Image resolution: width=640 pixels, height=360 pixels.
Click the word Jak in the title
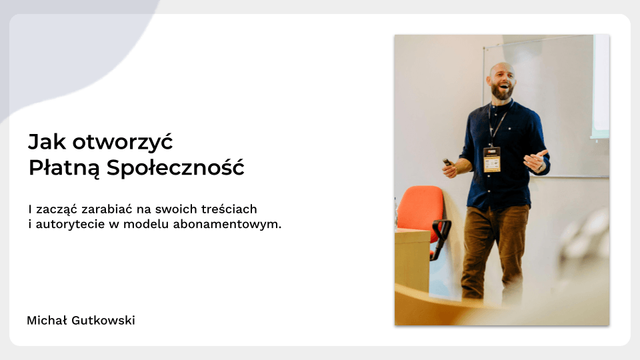coord(47,142)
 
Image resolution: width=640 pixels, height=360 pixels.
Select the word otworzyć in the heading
coord(123,142)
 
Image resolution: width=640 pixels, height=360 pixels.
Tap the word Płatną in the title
coord(64,168)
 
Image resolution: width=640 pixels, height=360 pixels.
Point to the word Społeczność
coord(175,167)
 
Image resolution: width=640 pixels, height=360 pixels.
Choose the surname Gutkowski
coord(103,321)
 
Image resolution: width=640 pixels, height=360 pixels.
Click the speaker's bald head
coord(501,70)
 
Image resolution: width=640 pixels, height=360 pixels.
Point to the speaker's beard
coord(501,92)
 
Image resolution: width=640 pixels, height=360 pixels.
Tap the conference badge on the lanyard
coord(492,159)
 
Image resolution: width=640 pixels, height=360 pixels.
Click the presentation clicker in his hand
coord(447,162)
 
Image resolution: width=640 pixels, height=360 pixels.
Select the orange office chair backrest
coord(420,208)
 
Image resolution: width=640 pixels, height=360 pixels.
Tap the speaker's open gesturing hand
coord(535,161)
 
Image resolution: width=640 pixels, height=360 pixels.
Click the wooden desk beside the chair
coord(412,261)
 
